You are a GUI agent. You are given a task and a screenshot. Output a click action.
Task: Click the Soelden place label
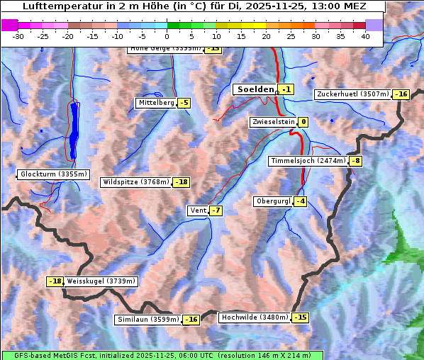coord(255,89)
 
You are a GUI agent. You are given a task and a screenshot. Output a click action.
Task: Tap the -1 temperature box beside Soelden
coord(286,89)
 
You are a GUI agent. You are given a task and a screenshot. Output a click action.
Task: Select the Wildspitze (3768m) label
coord(136,182)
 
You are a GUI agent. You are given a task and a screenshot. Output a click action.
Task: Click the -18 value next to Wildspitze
coord(182,182)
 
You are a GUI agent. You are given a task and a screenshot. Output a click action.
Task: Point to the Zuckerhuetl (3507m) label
coord(353,94)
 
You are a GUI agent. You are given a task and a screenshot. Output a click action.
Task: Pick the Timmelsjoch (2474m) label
coord(308,161)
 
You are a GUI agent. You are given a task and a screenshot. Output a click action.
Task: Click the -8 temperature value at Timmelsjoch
coord(355,161)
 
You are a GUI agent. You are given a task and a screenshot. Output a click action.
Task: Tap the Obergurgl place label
coord(273,201)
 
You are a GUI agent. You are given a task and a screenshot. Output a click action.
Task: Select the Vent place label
coord(197,210)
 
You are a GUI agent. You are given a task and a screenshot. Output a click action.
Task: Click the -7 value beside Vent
coord(216,210)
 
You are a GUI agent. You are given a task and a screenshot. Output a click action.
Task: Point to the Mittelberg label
coord(156,103)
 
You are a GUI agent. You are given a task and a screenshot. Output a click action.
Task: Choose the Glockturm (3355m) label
coord(54,174)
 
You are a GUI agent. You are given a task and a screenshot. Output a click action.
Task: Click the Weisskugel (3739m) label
coord(100,281)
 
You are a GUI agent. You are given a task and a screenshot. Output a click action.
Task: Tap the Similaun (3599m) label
coord(147,320)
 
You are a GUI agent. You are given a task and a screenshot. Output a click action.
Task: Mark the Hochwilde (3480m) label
coord(255,317)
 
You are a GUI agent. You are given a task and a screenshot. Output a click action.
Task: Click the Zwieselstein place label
coord(272,122)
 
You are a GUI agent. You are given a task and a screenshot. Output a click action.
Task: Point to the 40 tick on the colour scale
coord(365,35)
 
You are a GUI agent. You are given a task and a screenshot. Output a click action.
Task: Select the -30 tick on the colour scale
coord(18,35)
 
